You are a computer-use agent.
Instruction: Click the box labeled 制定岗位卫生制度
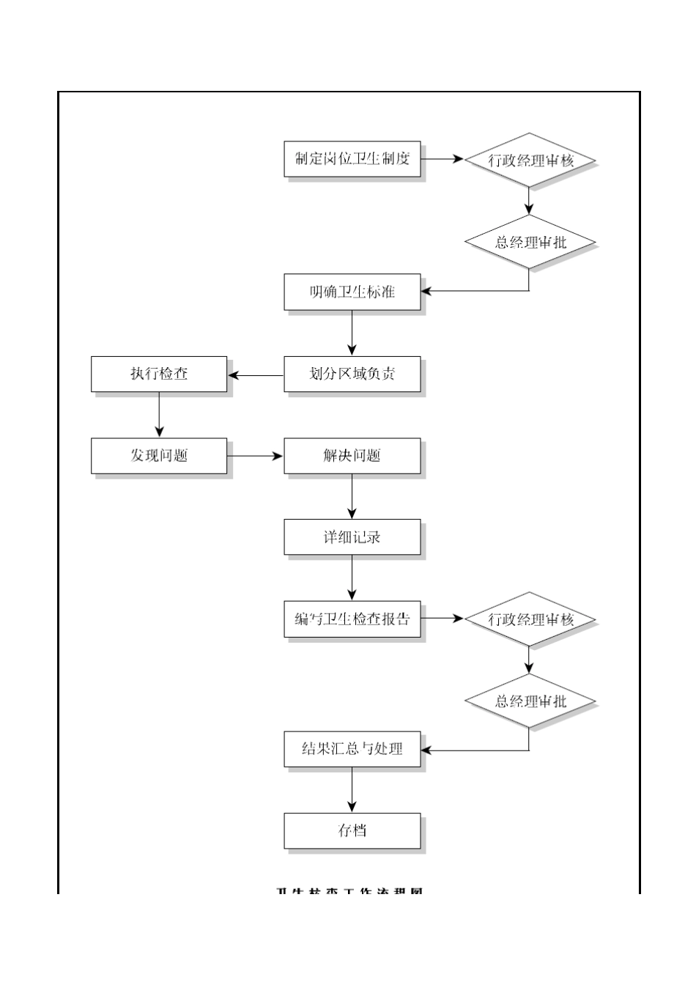[352, 159]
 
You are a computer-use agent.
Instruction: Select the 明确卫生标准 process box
[352, 292]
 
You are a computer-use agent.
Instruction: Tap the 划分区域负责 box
[352, 375]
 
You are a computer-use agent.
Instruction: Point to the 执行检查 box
[159, 375]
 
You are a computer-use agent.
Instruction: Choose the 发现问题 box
[159, 456]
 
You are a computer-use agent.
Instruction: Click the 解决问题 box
[352, 456]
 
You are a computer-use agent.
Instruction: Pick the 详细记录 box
[352, 537]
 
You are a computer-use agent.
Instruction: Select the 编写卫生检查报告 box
[352, 619]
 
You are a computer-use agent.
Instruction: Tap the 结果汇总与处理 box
[352, 749]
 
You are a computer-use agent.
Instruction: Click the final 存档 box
[352, 831]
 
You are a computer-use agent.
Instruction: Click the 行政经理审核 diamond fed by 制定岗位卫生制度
[530, 160]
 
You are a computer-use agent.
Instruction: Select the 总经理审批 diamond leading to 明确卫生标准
[530, 242]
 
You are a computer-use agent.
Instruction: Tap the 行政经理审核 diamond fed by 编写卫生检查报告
[530, 619]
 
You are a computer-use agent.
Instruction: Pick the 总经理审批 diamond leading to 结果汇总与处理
[530, 701]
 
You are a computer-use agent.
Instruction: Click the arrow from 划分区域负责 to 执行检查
[256, 376]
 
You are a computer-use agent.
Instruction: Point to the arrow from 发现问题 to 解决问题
[255, 456]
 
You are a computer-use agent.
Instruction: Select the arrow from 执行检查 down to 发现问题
[159, 415]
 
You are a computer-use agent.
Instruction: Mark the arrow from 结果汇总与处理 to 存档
[352, 790]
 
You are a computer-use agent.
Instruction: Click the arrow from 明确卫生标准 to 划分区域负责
[352, 333]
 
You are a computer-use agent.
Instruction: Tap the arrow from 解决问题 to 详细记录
[352, 497]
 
